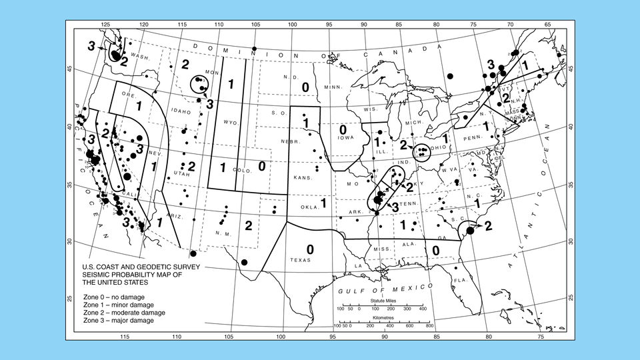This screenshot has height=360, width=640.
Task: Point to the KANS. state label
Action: [303, 179]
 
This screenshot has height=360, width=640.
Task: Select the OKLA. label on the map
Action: [310, 207]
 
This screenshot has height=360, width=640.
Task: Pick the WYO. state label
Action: [231, 123]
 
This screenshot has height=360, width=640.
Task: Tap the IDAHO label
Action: [176, 111]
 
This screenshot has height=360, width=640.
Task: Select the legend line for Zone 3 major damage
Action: [119, 321]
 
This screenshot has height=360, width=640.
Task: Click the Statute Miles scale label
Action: [381, 302]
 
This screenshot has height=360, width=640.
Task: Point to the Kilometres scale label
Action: [381, 319]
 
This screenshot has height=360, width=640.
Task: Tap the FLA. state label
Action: [459, 281]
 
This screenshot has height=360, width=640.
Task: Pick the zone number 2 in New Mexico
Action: [248, 225]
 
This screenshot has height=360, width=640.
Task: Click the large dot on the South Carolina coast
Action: [470, 230]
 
